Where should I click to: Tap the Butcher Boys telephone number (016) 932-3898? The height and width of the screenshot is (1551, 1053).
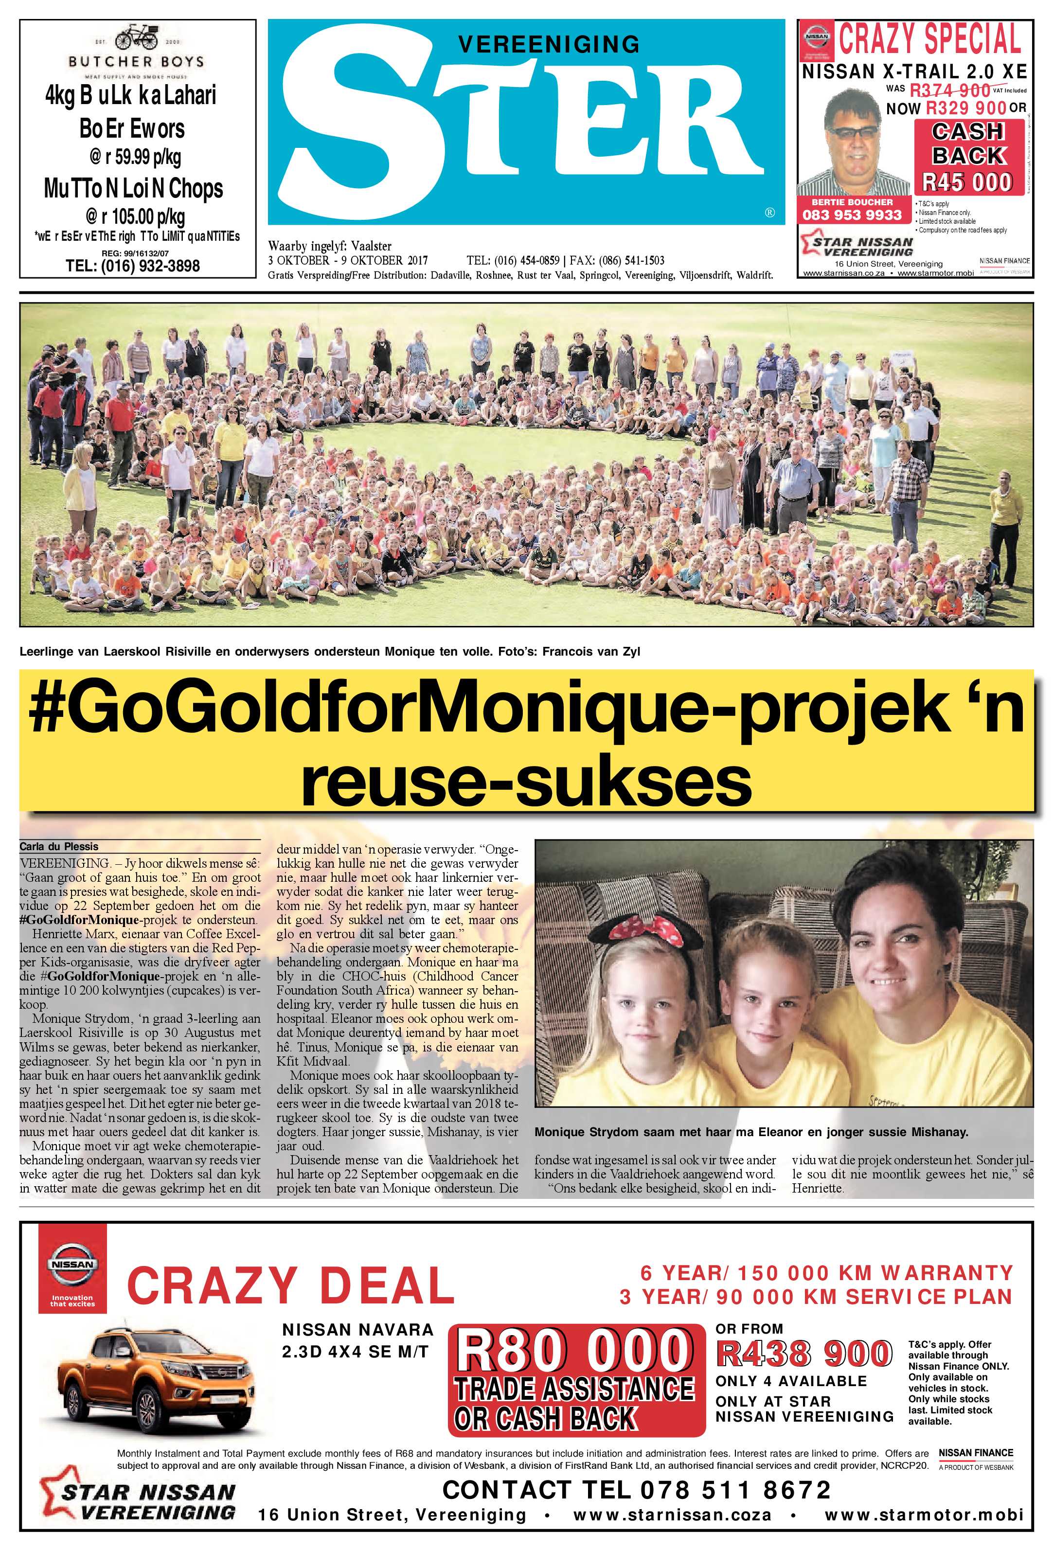coord(133,266)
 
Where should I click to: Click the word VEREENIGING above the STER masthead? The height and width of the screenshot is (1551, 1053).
coord(549,44)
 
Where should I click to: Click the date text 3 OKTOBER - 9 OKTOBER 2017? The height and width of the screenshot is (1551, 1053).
coord(348,260)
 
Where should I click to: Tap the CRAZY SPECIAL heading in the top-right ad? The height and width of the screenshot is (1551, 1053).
coord(929,39)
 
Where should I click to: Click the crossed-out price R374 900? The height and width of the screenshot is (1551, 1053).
coord(949,90)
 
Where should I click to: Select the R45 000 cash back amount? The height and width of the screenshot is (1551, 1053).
coord(967,181)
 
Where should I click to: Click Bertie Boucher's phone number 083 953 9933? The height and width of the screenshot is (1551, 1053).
coord(852,215)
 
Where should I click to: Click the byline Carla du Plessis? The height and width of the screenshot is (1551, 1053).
coord(59,846)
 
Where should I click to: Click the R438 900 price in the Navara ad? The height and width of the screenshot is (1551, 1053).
coord(804,1354)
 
